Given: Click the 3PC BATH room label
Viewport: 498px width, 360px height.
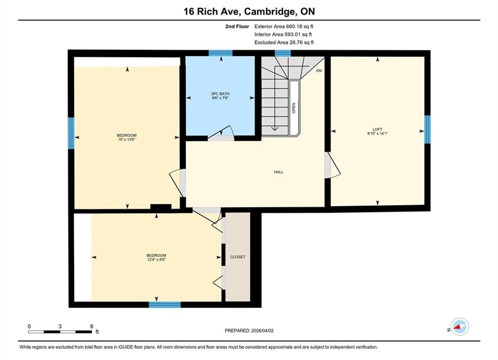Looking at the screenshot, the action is [x=220, y=94].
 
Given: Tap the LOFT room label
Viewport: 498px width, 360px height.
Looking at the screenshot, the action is [x=377, y=129].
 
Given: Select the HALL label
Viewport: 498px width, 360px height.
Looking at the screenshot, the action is [x=279, y=172].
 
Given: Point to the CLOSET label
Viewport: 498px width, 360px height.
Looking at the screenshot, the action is [x=238, y=257].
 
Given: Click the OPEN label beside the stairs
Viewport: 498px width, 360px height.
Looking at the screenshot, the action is [x=294, y=108].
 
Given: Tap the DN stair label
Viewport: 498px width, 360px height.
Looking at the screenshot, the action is [x=319, y=70].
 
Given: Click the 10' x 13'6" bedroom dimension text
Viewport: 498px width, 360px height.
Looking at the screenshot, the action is [x=127, y=139].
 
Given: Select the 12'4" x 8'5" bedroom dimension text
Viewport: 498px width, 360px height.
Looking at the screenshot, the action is [x=156, y=259].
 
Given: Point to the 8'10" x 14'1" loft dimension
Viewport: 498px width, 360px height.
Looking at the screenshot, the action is [x=377, y=133].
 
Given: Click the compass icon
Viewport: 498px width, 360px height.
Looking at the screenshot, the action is [x=459, y=326].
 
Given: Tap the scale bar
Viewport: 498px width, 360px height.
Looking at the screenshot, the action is [x=60, y=332].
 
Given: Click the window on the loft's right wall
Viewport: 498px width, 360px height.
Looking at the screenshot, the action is [x=427, y=129].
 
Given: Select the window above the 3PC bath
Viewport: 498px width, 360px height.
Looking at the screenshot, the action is [x=220, y=53].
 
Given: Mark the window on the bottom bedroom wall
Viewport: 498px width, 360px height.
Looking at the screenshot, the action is [x=165, y=305].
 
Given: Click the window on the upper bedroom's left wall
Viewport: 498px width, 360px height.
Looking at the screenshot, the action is [x=71, y=133].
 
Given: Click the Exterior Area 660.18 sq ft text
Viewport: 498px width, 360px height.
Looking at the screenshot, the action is [x=284, y=26].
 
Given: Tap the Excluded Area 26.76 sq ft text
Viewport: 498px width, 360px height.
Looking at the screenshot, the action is [x=284, y=42].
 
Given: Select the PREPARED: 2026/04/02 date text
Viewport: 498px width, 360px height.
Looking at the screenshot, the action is [x=249, y=330].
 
